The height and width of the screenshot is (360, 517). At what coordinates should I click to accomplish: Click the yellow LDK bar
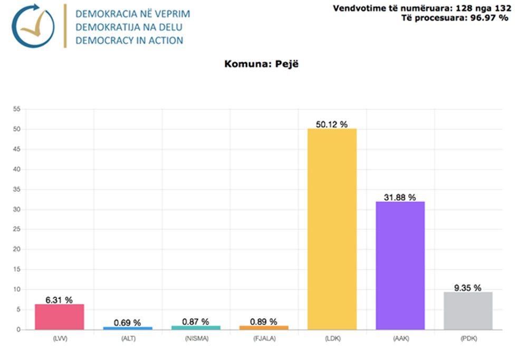(332, 229)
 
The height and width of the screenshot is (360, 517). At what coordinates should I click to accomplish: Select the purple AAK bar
(400, 266)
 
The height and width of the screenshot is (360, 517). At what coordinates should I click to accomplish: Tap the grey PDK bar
(468, 311)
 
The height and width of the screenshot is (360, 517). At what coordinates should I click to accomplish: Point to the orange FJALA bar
(264, 328)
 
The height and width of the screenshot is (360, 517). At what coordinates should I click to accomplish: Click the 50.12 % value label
(332, 124)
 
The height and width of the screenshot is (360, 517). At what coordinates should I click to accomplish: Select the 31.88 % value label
(400, 198)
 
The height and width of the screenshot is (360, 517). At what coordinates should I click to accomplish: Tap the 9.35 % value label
(468, 288)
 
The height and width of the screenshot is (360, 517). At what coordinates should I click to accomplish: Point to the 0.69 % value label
(128, 323)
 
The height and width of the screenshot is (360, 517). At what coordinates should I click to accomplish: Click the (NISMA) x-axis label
(196, 339)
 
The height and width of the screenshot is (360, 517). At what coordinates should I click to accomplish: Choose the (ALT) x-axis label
(128, 339)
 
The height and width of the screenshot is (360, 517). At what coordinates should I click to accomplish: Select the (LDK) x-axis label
(332, 339)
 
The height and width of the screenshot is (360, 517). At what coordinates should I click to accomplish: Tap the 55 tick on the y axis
(16, 109)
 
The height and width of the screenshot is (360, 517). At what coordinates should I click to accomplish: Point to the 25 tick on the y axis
(16, 229)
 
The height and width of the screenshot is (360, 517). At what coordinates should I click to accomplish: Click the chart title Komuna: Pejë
(257, 64)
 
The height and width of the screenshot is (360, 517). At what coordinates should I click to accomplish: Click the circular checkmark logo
(33, 26)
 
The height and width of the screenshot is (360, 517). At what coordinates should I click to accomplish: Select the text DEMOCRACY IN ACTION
(129, 41)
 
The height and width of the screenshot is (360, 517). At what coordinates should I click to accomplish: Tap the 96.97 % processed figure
(490, 18)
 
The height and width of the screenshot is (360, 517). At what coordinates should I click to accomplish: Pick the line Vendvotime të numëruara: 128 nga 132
(422, 8)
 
